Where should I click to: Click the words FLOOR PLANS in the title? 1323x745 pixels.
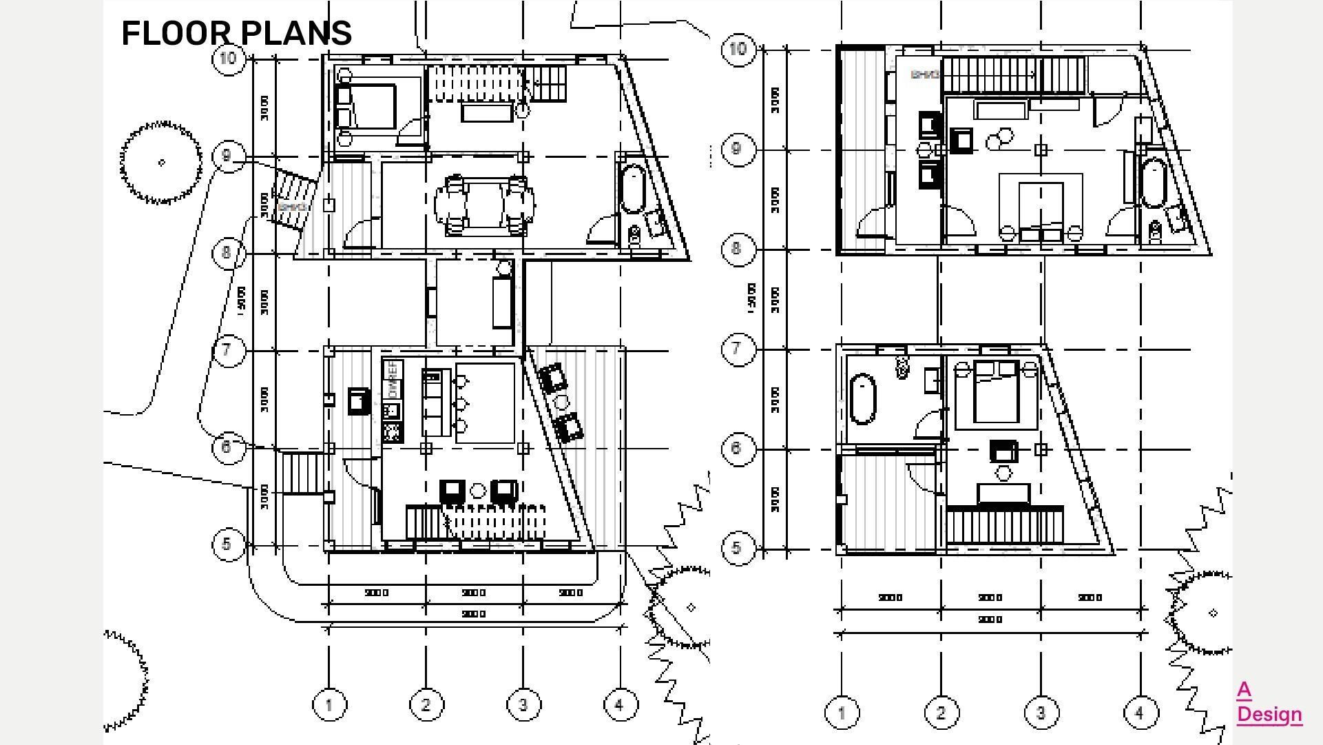click(236, 33)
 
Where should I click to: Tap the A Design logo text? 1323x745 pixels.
click(1269, 703)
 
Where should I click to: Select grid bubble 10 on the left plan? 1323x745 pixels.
click(229, 59)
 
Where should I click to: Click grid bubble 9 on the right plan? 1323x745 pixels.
click(737, 149)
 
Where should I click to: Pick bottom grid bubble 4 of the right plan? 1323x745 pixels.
click(1140, 713)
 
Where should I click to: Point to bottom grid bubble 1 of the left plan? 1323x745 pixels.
click(329, 705)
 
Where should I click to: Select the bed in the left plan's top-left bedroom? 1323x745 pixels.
click(366, 107)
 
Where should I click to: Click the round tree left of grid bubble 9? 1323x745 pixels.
click(162, 163)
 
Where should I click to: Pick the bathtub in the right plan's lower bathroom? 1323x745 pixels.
click(863, 398)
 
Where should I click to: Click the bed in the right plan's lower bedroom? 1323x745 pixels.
click(996, 395)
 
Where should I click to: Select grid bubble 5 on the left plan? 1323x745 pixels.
click(227, 544)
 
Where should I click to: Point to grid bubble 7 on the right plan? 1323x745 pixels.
click(737, 349)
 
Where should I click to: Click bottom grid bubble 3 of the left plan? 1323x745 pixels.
click(523, 705)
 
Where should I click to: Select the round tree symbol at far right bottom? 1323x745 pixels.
click(1212, 612)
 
